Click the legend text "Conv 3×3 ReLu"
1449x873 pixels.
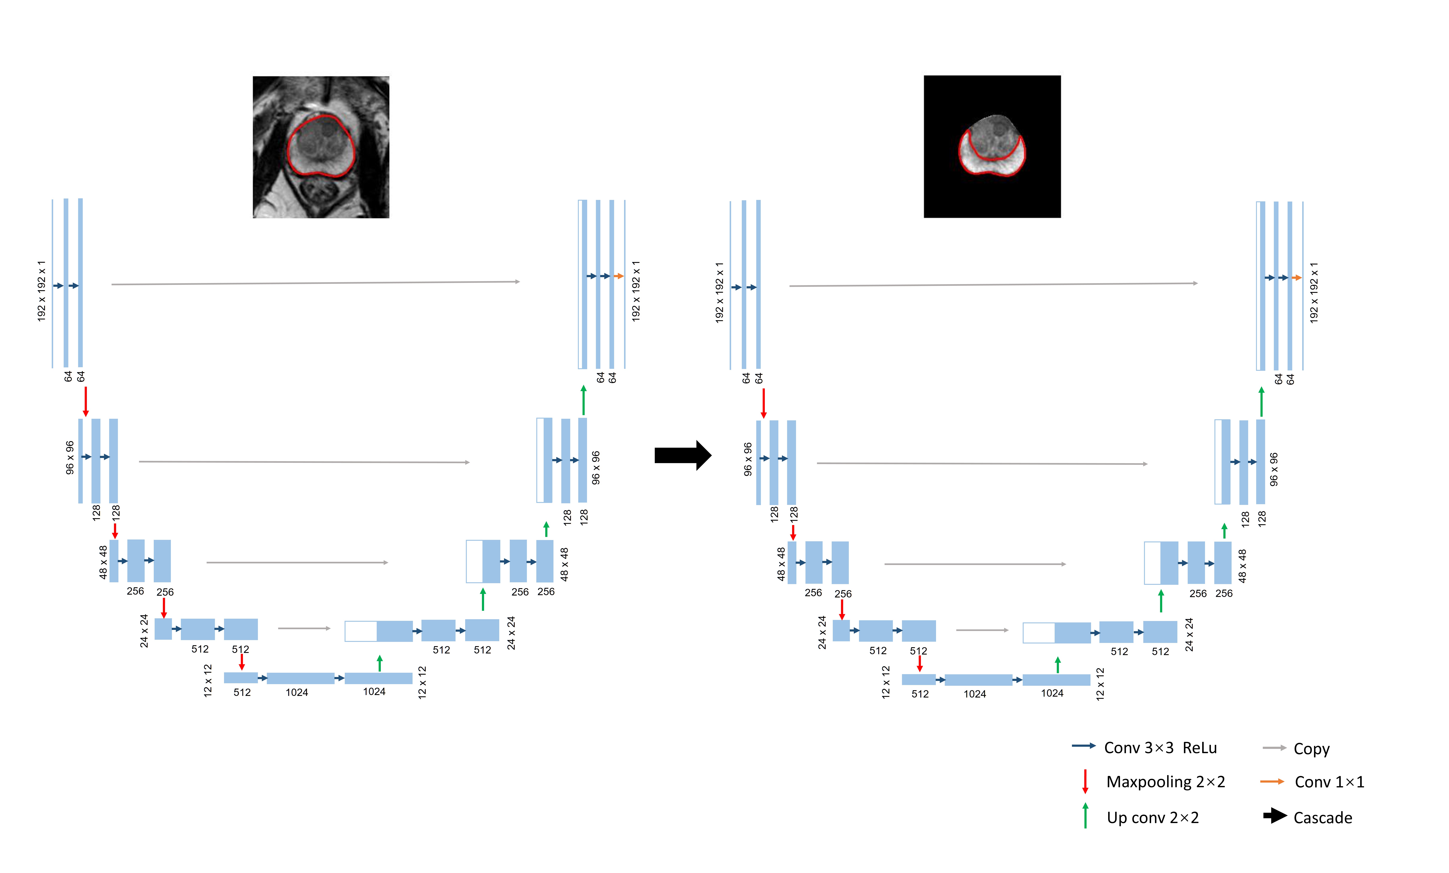(1160, 748)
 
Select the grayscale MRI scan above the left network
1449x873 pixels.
(321, 147)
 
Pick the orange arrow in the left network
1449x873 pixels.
(618, 276)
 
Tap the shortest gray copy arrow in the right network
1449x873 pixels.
(982, 630)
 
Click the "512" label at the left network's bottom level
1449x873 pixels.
(242, 693)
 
